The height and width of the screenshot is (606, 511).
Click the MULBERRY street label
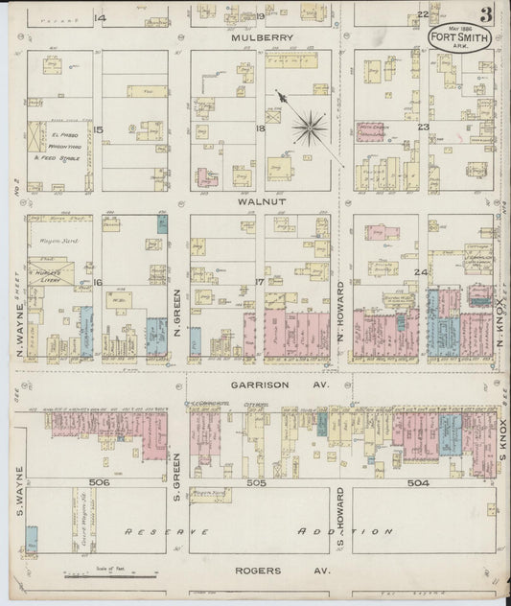tap(260, 38)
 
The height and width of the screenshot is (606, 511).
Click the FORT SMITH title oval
tap(450, 42)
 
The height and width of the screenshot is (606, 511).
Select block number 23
tap(422, 126)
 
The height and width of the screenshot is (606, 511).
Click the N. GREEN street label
tap(178, 309)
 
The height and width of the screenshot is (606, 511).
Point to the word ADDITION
tap(345, 530)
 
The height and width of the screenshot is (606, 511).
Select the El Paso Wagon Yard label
tap(65, 150)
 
